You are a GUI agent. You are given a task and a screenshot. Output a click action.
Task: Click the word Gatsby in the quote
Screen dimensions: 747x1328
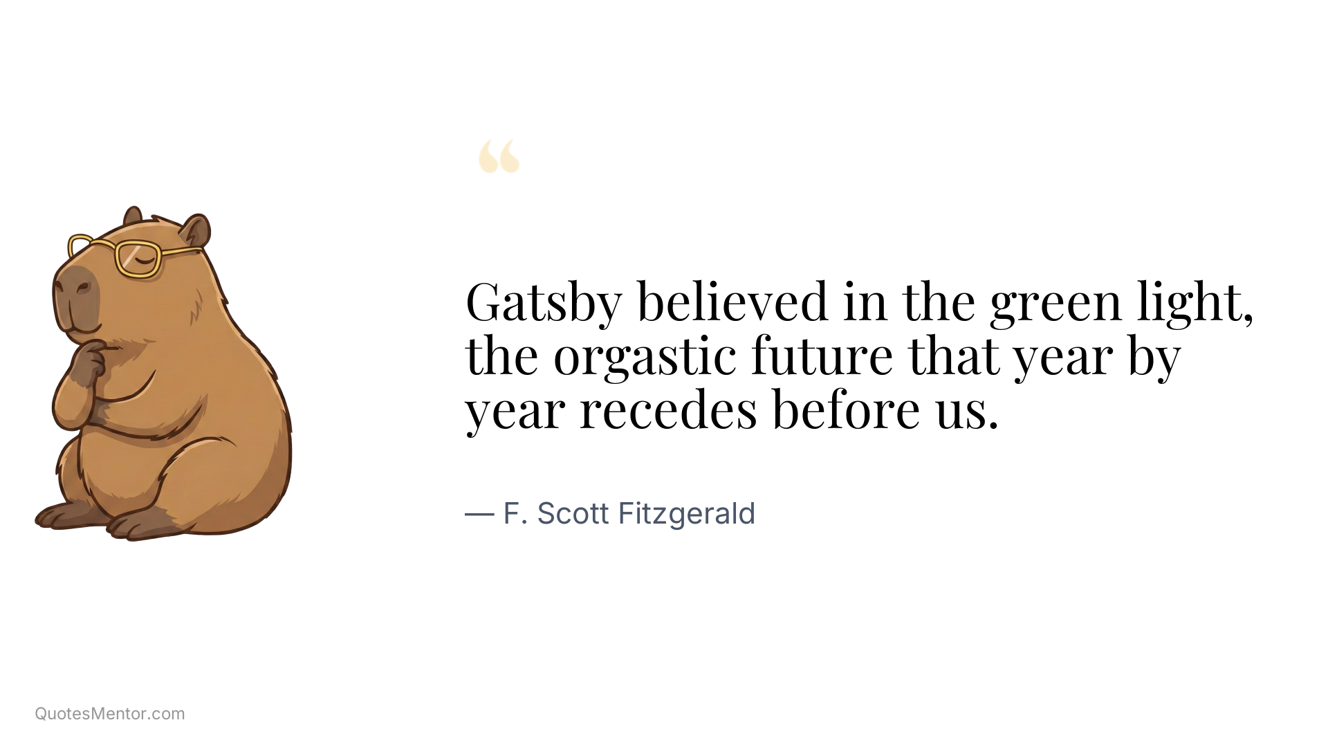(x=544, y=302)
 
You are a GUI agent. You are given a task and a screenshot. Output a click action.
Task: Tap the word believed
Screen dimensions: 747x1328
(x=732, y=302)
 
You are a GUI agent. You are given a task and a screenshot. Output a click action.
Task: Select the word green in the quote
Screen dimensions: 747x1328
(x=1055, y=302)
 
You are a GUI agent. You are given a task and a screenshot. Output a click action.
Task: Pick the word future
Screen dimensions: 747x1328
(x=822, y=357)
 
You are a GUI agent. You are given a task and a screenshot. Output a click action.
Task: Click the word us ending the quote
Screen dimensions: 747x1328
(x=965, y=410)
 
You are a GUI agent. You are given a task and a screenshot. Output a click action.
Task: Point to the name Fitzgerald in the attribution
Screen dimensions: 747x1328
(x=686, y=514)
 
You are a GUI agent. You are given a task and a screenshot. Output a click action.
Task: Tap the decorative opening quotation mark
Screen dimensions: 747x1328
(x=499, y=156)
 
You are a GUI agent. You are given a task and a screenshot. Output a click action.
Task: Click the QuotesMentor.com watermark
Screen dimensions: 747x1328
(x=110, y=714)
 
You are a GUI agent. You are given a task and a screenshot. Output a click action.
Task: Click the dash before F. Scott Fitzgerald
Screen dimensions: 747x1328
(x=479, y=514)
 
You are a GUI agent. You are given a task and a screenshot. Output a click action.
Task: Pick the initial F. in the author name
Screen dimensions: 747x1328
(x=515, y=514)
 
